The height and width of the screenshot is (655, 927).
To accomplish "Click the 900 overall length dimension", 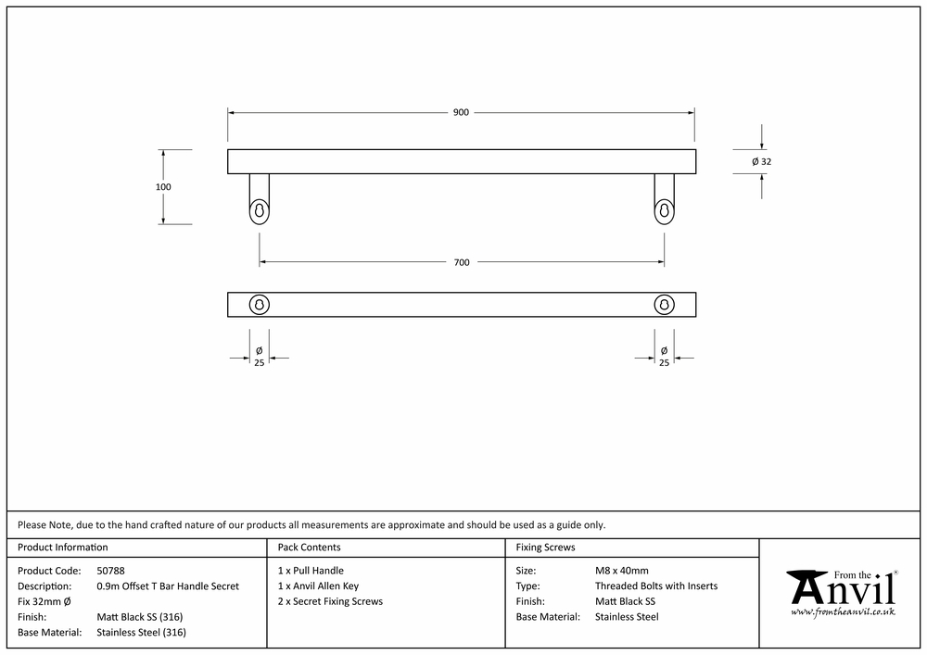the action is click(x=461, y=112).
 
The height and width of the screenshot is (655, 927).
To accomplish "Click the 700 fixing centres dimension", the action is click(x=462, y=262).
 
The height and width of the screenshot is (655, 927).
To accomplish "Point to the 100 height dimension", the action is click(x=163, y=186).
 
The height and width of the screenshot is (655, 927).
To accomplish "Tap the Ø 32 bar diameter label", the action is click(x=761, y=161).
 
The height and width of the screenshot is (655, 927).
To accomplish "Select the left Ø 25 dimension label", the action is click(x=259, y=357).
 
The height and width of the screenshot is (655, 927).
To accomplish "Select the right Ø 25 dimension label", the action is click(x=664, y=357).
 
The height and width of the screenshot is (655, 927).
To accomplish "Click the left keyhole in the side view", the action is click(x=259, y=211).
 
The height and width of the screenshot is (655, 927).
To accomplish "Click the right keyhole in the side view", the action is click(x=664, y=211).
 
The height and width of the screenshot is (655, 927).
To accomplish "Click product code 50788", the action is click(x=110, y=571).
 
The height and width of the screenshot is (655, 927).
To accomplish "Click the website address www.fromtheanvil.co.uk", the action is click(x=843, y=611).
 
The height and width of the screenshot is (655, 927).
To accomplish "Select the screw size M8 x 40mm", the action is click(x=621, y=571).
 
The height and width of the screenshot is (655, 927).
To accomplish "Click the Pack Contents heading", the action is click(x=310, y=547).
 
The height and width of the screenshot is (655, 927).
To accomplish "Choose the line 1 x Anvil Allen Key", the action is click(x=318, y=586).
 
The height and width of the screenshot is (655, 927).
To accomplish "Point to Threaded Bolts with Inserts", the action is click(x=656, y=586).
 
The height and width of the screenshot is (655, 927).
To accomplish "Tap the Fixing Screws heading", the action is click(x=545, y=547).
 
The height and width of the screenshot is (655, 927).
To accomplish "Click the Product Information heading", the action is click(x=63, y=547).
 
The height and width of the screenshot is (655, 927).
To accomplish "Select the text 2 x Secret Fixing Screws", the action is click(x=331, y=601).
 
